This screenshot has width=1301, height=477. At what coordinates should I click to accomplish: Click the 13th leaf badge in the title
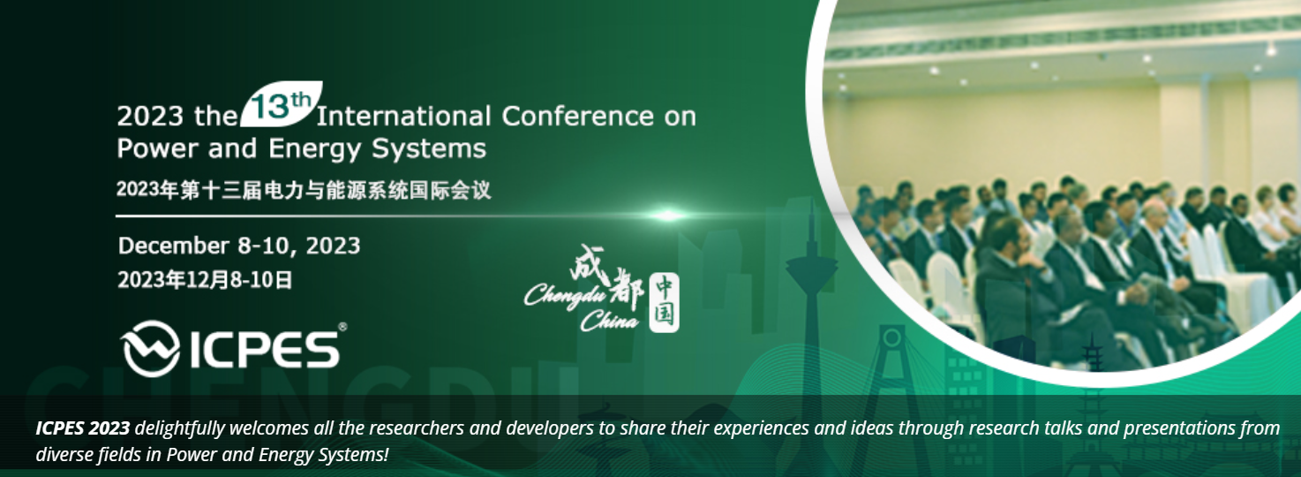coord(281,104)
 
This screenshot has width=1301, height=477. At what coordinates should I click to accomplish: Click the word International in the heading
coord(403,117)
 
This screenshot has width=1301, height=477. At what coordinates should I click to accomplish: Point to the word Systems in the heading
coord(429,149)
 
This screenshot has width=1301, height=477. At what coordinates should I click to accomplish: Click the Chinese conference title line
coord(304,190)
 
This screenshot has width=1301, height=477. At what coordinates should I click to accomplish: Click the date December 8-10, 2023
coord(239,246)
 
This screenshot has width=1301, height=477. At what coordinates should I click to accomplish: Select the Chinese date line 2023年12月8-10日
coord(205,280)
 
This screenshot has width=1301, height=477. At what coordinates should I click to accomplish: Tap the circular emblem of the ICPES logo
coord(151,349)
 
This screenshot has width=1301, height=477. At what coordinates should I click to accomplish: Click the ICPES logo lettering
coord(265,350)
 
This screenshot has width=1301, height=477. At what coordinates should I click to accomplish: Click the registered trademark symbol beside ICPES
coord(342,327)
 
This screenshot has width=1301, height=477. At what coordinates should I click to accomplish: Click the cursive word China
coord(610,321)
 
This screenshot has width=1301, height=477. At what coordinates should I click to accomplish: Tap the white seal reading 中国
coord(664,303)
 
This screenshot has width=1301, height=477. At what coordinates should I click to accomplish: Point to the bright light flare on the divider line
coord(668,216)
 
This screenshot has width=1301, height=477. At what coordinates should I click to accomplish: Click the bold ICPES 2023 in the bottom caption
coord(82,428)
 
